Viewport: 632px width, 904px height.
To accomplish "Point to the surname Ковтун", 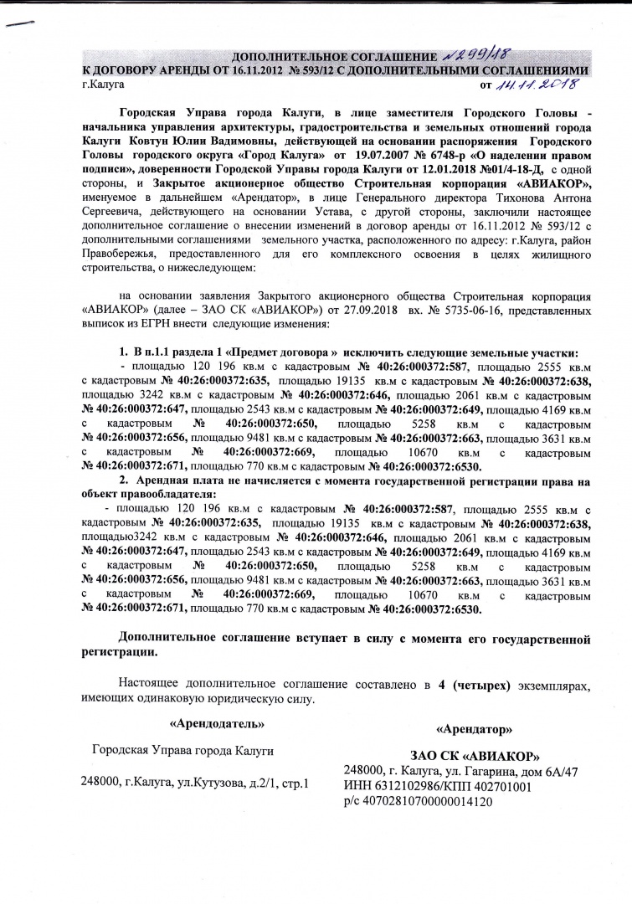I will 144,144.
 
